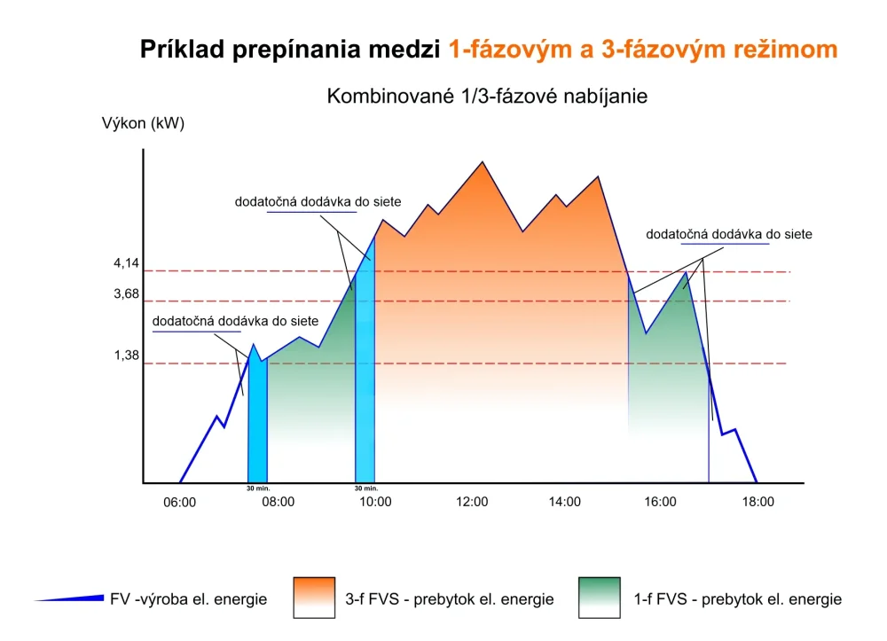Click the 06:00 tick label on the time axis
click(180, 501)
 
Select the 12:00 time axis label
click(472, 501)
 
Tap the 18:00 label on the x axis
click(757, 501)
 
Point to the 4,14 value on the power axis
click(127, 263)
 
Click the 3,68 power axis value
click(127, 293)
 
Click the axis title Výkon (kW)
click(144, 124)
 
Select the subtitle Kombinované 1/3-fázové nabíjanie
click(487, 96)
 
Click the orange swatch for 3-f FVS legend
click(314, 598)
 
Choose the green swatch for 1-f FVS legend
click(600, 598)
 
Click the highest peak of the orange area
click(482, 163)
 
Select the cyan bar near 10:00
click(365, 372)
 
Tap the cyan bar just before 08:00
click(257, 417)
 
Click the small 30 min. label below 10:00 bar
click(365, 488)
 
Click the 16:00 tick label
click(661, 501)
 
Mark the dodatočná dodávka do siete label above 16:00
click(729, 234)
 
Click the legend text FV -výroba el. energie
click(188, 599)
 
